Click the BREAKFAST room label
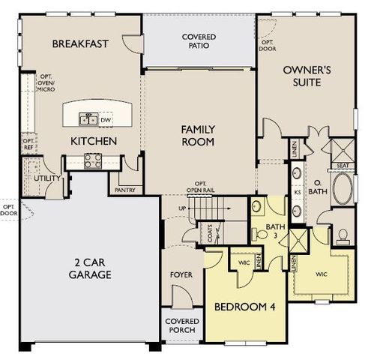pyautogui.click(x=80, y=43)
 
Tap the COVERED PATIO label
pyautogui.click(x=199, y=40)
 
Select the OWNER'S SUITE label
pyautogui.click(x=307, y=76)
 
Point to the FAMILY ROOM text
pyautogui.click(x=198, y=135)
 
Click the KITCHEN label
pyautogui.click(x=93, y=141)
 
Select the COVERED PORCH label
pyautogui.click(x=181, y=326)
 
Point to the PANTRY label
pyautogui.click(x=124, y=190)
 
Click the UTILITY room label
pyautogui.click(x=46, y=178)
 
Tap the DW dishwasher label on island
pyautogui.click(x=106, y=118)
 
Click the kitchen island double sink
pyautogui.click(x=88, y=118)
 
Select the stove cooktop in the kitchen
pyautogui.click(x=94, y=159)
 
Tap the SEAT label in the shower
pyautogui.click(x=342, y=166)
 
